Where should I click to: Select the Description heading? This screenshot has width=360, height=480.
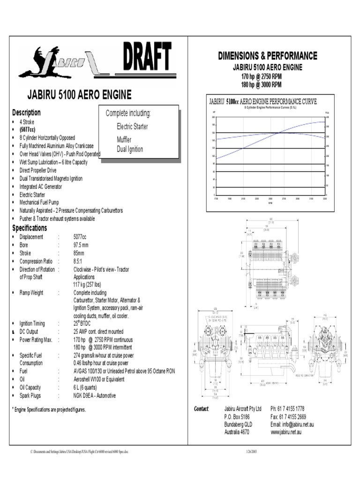[26, 112]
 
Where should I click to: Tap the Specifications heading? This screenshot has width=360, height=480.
[30, 228]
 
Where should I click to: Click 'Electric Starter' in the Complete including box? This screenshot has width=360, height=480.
[132, 127]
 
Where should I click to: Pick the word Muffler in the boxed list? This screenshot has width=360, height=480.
[124, 140]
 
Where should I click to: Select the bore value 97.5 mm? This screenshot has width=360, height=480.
[81, 245]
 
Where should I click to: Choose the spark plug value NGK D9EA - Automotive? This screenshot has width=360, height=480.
[95, 396]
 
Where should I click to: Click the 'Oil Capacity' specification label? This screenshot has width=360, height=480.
[30, 388]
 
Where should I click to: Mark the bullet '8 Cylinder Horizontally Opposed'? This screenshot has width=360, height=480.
[47, 138]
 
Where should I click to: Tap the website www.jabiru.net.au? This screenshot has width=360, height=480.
[286, 432]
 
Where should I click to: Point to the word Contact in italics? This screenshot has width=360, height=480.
[201, 409]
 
